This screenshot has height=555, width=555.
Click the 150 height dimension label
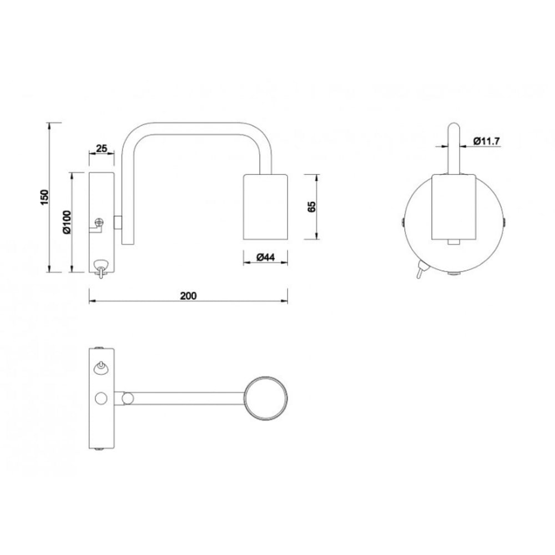[44, 198]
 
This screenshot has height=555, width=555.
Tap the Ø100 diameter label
[67, 223]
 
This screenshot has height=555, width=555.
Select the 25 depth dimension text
[102, 148]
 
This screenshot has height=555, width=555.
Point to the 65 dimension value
[311, 206]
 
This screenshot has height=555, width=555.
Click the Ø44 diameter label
[265, 258]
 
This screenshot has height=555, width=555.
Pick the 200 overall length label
[188, 296]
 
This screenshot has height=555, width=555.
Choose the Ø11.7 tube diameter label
[486, 141]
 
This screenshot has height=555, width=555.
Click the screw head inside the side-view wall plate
[100, 223]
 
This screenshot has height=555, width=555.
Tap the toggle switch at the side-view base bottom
[101, 268]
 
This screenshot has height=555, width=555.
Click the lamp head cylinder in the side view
[265, 206]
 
